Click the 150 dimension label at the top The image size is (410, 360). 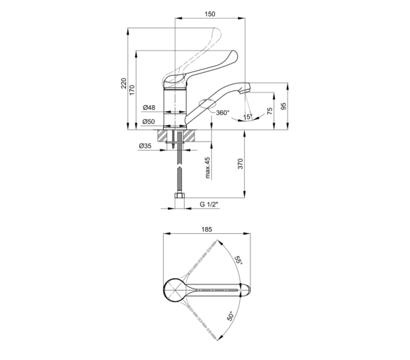(x=210, y=14)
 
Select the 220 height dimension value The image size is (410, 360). (x=124, y=83)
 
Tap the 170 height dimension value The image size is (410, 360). (x=132, y=90)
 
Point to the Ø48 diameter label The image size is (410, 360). (x=149, y=107)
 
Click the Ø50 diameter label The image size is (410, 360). (x=149, y=121)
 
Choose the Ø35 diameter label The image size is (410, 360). (x=146, y=146)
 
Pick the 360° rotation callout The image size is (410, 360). (x=222, y=113)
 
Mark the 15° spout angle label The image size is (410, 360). (x=248, y=117)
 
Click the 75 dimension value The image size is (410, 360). (x=270, y=111)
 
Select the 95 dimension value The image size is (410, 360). (x=283, y=106)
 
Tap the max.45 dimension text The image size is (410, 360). (x=208, y=168)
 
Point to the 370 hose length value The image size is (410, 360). (x=241, y=164)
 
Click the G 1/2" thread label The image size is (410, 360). (x=209, y=205)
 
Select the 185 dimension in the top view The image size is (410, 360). (x=206, y=229)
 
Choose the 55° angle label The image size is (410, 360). (x=238, y=260)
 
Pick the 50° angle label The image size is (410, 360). (x=231, y=316)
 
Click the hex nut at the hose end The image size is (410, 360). (x=179, y=196)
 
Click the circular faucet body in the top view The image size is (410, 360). (x=176, y=291)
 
